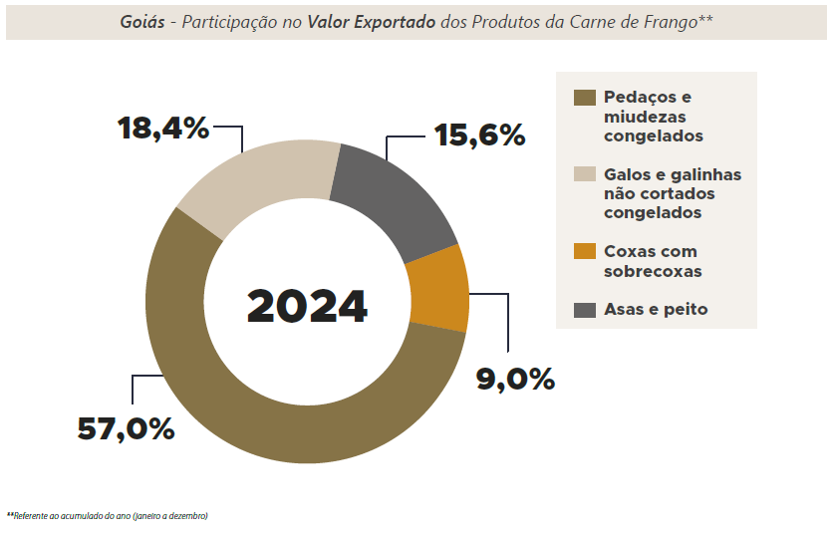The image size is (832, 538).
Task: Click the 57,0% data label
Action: tap(126, 428)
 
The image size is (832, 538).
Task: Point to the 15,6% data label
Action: tap(478, 134)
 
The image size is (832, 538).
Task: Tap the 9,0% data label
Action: tap(514, 379)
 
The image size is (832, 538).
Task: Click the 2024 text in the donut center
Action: tap(307, 306)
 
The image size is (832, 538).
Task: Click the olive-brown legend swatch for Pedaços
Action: tap(585, 98)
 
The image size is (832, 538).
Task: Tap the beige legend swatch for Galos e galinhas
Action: tap(585, 174)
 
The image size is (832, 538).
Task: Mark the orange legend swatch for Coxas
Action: tap(585, 252)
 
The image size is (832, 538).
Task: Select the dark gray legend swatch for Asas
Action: tap(585, 310)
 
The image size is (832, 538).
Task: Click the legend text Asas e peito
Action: tap(656, 310)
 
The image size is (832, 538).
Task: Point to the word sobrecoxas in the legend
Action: tap(653, 271)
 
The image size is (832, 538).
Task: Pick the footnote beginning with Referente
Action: tap(110, 516)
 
